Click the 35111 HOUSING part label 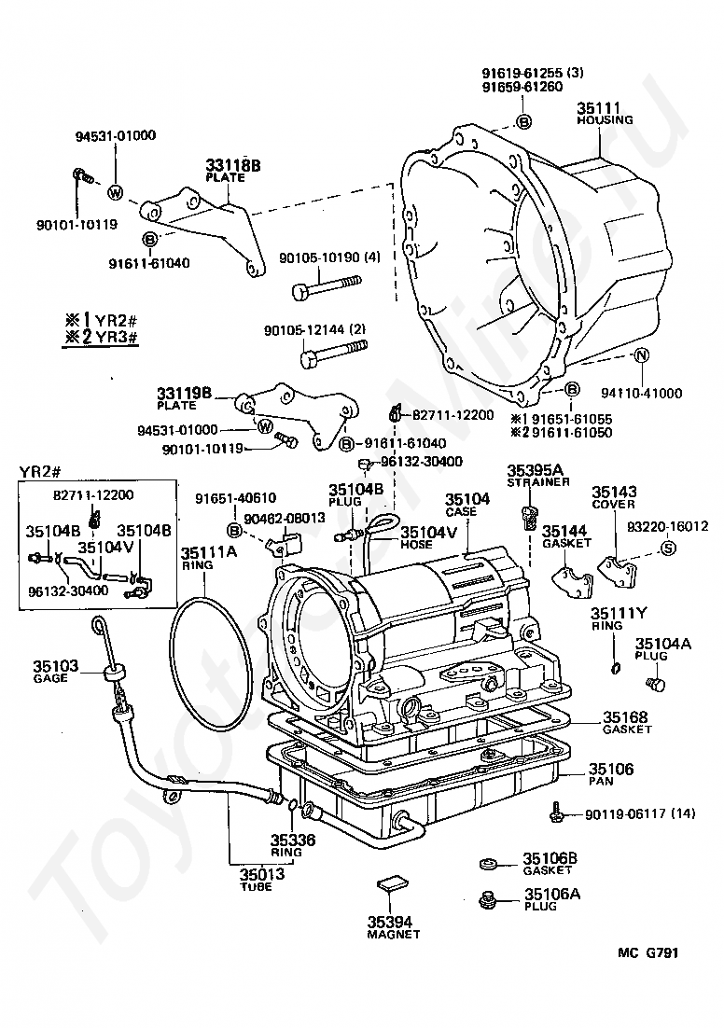(x=604, y=114)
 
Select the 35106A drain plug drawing (x=487, y=901)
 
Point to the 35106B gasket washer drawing (x=488, y=864)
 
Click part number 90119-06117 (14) (x=640, y=813)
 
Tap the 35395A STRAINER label (x=537, y=476)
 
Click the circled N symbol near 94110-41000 (x=642, y=355)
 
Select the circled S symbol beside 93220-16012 (x=667, y=549)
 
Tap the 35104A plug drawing (x=655, y=685)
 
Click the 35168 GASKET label (x=627, y=722)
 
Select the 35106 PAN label (x=610, y=774)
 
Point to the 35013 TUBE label (x=261, y=879)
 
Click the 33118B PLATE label (x=233, y=171)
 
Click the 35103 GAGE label (x=56, y=672)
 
